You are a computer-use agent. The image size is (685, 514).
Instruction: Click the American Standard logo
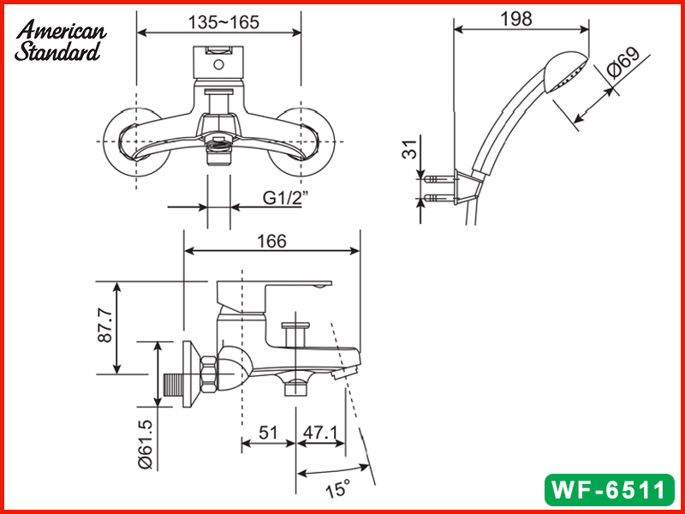(60, 40)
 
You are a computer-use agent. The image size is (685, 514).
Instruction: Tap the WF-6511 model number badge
(609, 490)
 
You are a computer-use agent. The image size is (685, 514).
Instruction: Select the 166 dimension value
(271, 242)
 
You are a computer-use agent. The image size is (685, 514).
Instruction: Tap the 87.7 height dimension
(104, 327)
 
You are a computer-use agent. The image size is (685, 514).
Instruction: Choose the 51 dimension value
(269, 433)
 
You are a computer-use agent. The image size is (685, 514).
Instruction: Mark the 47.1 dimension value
(321, 433)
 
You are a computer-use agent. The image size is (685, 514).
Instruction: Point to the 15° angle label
(337, 489)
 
